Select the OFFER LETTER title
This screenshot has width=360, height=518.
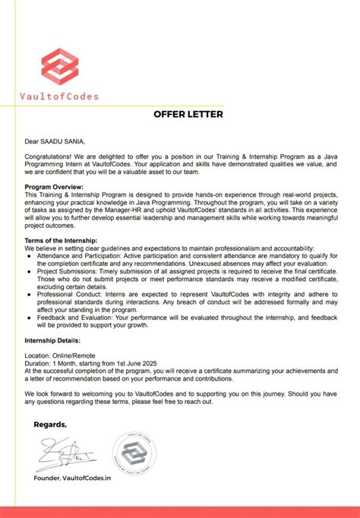coord(188,115)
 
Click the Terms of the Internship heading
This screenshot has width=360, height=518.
coord(66,240)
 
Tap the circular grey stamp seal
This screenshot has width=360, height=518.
coord(134,453)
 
